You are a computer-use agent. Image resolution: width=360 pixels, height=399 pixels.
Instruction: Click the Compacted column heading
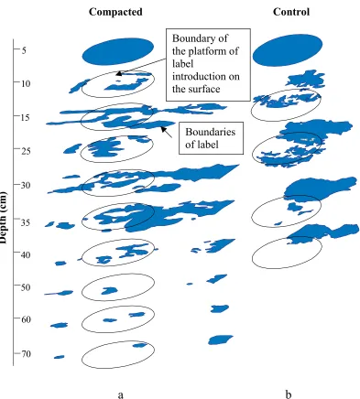point(115,12)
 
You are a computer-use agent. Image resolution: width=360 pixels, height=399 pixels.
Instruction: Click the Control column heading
point(291,12)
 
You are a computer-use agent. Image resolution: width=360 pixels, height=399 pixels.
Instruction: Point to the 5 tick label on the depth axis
point(24,49)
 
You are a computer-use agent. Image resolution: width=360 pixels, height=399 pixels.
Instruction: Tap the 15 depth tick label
point(26,117)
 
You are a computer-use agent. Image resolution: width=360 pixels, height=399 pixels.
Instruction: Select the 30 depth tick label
point(26,185)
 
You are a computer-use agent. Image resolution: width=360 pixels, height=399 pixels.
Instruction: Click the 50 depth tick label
point(26,287)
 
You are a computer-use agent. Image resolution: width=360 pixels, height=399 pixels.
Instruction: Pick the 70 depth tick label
point(26,354)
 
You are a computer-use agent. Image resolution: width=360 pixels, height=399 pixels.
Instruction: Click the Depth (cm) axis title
point(4,217)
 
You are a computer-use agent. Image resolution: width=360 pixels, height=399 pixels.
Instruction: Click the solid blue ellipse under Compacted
point(117,51)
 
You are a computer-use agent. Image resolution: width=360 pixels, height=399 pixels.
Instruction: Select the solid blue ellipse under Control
point(288,50)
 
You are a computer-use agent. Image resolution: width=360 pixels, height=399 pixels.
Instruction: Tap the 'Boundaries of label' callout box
point(211,138)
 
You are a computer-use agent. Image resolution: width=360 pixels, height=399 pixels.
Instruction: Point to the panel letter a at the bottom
point(121,395)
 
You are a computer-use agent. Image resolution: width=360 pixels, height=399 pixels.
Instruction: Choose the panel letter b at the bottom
point(289,394)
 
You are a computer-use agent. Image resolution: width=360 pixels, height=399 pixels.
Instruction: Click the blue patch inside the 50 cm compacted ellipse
point(109,290)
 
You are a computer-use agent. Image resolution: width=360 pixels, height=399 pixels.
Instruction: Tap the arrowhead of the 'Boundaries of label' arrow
point(163,129)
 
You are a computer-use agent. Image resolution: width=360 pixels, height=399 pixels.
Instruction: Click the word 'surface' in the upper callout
point(204,89)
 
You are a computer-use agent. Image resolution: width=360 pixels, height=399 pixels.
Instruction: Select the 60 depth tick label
point(26,319)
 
